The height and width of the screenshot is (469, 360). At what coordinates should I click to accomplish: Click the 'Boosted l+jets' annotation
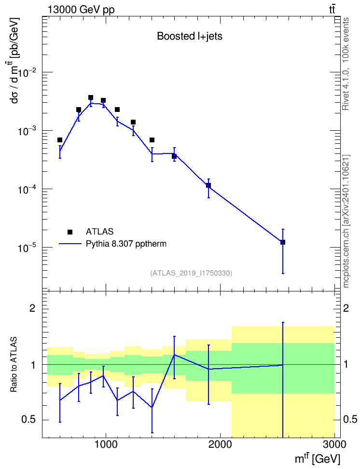(x=190, y=36)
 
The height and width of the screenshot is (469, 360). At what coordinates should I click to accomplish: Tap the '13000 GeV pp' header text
(x=81, y=10)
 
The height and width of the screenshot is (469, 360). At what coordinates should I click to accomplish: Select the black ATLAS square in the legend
(x=70, y=232)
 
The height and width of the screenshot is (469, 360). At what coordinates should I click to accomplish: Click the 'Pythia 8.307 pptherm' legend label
(x=126, y=244)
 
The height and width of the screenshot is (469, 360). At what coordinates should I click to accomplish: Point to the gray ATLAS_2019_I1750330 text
(x=191, y=273)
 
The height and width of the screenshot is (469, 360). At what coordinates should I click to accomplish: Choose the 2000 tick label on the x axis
(x=220, y=444)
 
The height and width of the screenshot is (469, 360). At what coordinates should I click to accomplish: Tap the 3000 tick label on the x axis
(x=334, y=444)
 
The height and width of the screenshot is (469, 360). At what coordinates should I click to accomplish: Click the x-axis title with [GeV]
(x=318, y=458)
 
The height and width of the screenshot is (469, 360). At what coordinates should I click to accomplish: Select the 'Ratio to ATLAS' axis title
(x=14, y=364)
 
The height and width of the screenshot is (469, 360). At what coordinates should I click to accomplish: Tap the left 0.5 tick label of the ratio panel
(x=28, y=420)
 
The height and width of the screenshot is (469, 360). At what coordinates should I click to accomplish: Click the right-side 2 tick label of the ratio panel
(x=346, y=308)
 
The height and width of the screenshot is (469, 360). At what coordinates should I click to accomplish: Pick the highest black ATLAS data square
(x=91, y=97)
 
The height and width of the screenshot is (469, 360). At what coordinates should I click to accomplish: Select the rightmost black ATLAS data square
(x=282, y=242)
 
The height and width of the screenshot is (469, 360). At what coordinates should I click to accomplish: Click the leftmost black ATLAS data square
(x=60, y=140)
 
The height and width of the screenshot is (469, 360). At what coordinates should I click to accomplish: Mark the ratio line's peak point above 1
(x=174, y=355)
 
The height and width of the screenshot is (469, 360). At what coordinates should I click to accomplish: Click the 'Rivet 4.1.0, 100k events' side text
(x=346, y=64)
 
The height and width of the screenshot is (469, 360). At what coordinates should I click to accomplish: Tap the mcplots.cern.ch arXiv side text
(x=346, y=221)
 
